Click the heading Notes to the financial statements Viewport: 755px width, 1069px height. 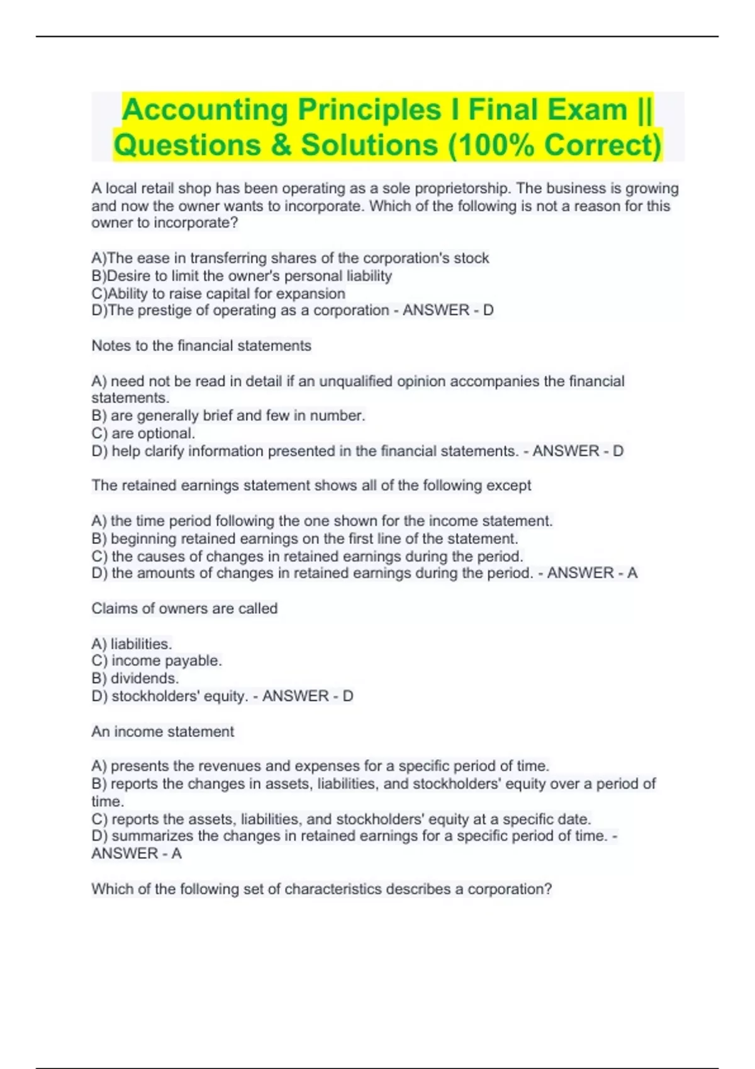coord(201,346)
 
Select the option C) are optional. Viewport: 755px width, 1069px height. coord(143,433)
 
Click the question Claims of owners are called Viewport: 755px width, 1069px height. coord(184,609)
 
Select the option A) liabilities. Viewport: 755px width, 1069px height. coord(131,644)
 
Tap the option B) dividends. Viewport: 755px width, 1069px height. coord(135,679)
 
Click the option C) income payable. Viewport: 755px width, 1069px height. coord(157,661)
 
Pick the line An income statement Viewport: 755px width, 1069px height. coord(162,732)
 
